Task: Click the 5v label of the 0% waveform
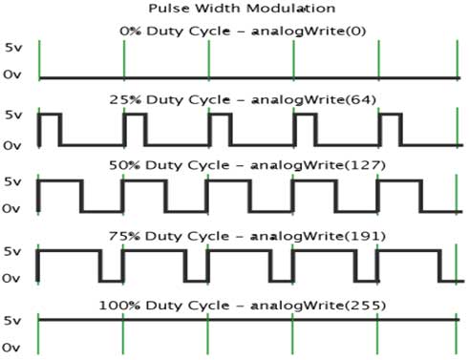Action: tap(12, 47)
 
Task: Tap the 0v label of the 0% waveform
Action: tap(12, 74)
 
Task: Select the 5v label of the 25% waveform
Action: tap(12, 116)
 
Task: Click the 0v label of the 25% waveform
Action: tap(12, 145)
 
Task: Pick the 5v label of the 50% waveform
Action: tap(12, 180)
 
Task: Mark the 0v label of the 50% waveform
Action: tap(12, 208)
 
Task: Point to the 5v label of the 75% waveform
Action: tap(12, 251)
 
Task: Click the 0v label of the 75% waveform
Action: tap(12, 279)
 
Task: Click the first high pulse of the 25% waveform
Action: tap(50, 116)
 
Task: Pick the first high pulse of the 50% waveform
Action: tap(59, 180)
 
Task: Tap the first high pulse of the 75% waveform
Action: tap(69, 251)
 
